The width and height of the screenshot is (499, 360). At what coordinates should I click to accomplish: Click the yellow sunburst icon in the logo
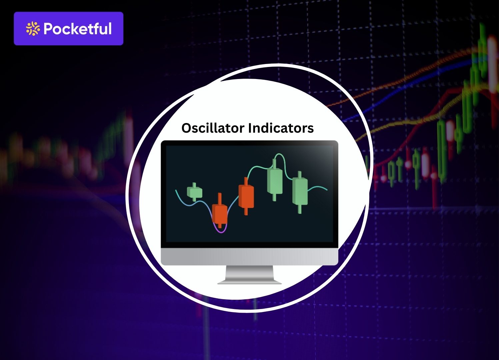pyautogui.click(x=33, y=29)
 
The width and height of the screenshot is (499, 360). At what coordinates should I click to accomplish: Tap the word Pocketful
pyautogui.click(x=77, y=29)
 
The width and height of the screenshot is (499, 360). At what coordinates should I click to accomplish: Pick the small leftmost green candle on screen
pyautogui.click(x=195, y=192)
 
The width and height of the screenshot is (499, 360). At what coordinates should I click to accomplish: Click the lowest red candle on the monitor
pyautogui.click(x=220, y=214)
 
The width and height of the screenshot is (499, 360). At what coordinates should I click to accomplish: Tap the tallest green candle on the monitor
pyautogui.click(x=275, y=181)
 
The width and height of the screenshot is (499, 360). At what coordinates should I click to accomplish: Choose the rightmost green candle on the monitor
pyautogui.click(x=300, y=191)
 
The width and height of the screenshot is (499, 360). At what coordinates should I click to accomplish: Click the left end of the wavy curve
pyautogui.click(x=176, y=190)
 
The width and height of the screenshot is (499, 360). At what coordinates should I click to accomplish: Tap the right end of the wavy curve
pyautogui.click(x=327, y=190)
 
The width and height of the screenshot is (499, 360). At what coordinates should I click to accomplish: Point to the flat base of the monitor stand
pyautogui.click(x=249, y=283)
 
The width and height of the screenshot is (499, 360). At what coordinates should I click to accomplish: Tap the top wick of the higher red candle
pyautogui.click(x=246, y=181)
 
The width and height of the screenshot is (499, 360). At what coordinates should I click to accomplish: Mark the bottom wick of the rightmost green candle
pyautogui.click(x=300, y=209)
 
